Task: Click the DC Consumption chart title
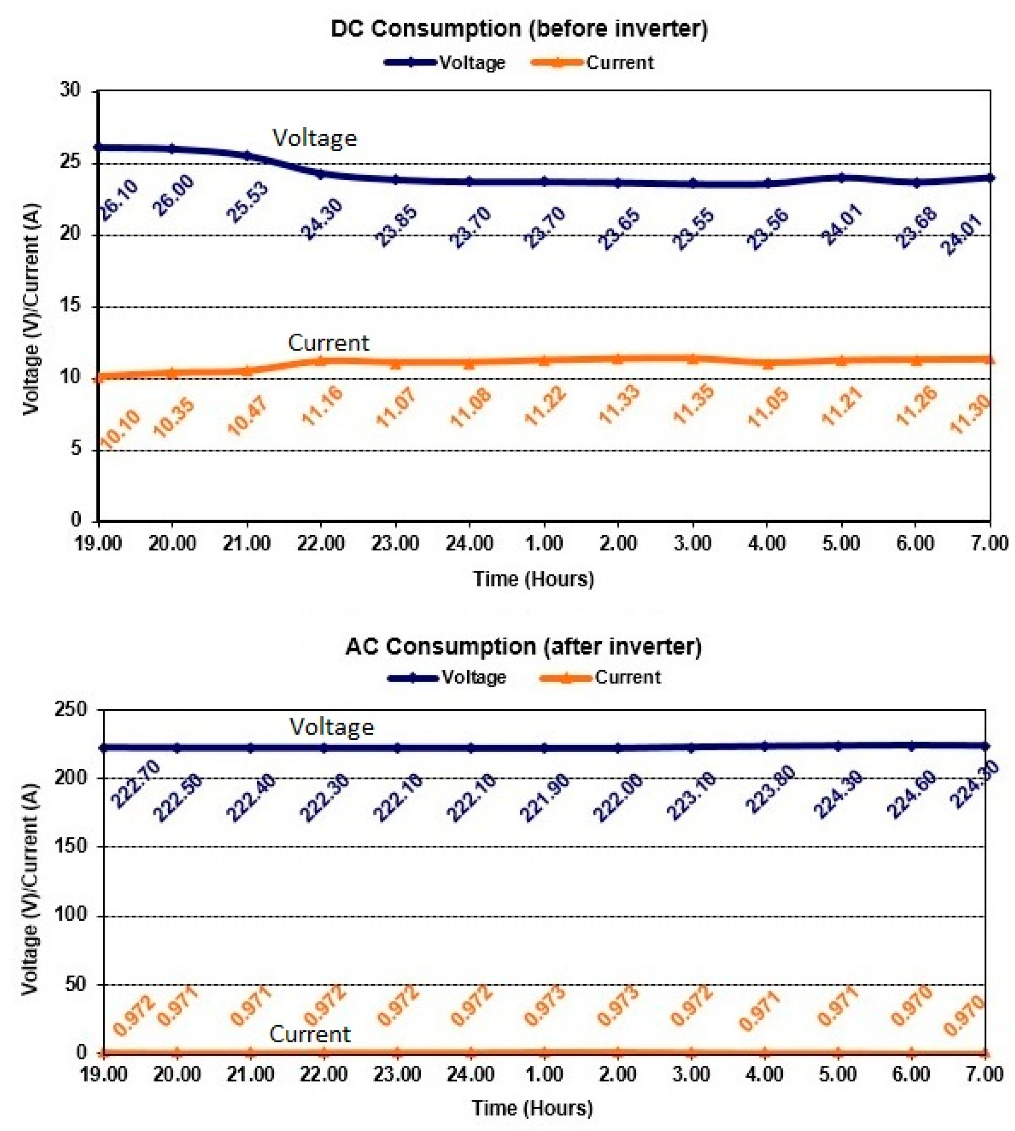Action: click(x=519, y=29)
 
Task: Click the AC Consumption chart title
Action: click(x=523, y=646)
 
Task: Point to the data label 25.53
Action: click(x=248, y=202)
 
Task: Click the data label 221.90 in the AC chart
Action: click(x=545, y=798)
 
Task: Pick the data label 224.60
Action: click(x=912, y=794)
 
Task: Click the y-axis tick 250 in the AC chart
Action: click(x=71, y=710)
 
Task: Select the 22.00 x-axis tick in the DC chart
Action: click(x=320, y=543)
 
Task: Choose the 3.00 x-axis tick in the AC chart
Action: click(x=691, y=1073)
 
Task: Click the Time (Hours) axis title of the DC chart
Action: click(x=534, y=579)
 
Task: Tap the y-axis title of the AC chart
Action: click(x=31, y=889)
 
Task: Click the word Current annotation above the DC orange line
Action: click(x=329, y=342)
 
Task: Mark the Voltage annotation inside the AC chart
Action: click(x=331, y=727)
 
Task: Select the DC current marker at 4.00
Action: click(x=767, y=364)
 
